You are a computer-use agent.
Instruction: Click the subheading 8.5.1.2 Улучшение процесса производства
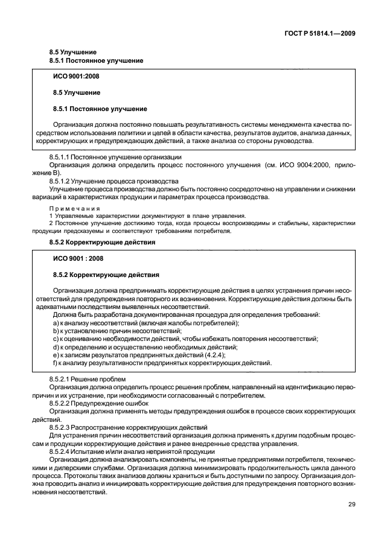coord(113,181)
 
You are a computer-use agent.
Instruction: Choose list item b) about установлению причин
coord(117,331)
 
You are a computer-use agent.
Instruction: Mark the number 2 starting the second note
coord(51,223)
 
